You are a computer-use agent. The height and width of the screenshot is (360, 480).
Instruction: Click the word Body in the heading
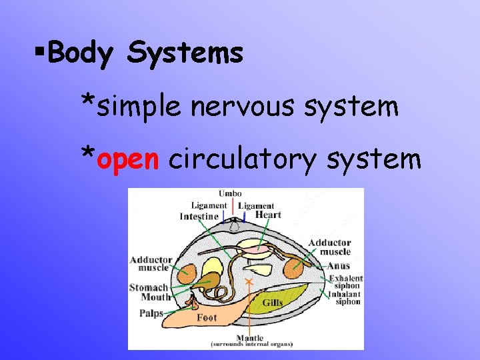click(81, 54)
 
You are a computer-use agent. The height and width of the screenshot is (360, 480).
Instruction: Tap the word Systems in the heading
click(184, 54)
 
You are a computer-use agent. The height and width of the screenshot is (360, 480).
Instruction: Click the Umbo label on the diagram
click(230, 194)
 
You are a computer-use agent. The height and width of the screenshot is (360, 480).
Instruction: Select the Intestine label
click(199, 217)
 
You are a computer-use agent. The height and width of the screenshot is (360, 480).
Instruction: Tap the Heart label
click(268, 215)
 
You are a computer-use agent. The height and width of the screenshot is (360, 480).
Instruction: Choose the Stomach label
click(149, 288)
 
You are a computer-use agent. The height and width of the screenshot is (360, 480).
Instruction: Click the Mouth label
click(155, 297)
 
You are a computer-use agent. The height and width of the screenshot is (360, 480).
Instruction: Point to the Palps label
click(151, 313)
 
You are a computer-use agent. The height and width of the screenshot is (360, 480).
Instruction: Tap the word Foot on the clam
click(207, 318)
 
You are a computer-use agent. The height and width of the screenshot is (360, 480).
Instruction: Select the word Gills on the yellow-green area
click(273, 303)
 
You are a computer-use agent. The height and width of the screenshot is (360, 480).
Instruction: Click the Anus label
click(339, 266)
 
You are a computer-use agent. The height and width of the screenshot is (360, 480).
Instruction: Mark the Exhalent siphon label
click(345, 281)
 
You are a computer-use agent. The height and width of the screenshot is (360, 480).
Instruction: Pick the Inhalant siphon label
click(345, 297)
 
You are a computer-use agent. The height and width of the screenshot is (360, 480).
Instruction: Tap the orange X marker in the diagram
click(249, 283)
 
